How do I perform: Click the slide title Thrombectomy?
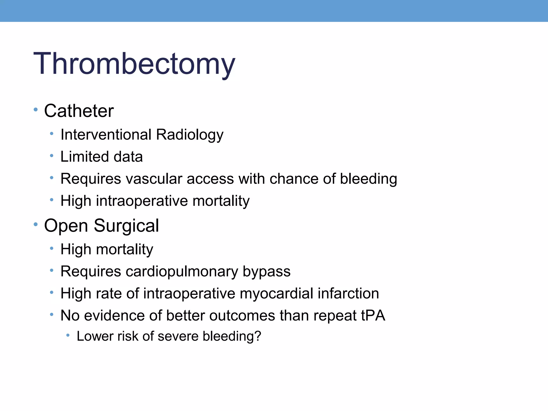[x=134, y=64]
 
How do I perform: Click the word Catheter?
[x=79, y=111]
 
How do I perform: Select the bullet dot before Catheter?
[x=36, y=109]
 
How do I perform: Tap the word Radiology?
[x=189, y=135]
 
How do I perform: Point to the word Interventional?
[x=106, y=134]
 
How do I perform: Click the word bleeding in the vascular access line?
[x=368, y=179]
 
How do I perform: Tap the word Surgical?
[x=126, y=226]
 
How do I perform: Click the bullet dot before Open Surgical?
[x=36, y=224]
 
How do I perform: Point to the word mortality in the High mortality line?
[x=124, y=249]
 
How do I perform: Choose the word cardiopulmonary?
[x=182, y=272]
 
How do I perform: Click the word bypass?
[x=267, y=272]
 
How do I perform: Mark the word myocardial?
[x=276, y=294]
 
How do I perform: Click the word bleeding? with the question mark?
[x=231, y=336]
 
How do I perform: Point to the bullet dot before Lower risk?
[x=68, y=335]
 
